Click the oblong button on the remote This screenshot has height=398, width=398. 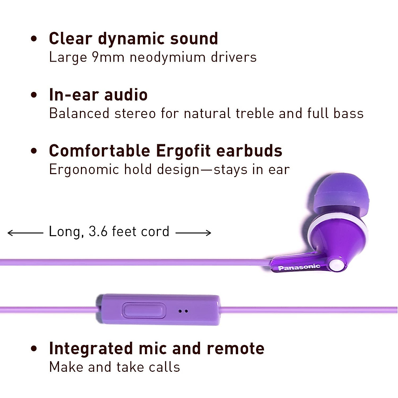click(144, 310)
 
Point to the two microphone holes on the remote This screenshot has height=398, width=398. click(183, 311)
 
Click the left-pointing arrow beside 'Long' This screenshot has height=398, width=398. click(25, 233)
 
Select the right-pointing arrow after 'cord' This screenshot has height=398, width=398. click(193, 233)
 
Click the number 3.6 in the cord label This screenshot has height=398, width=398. click(98, 232)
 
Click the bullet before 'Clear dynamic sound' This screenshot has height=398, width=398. click(34, 39)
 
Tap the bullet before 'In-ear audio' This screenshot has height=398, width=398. click(34, 95)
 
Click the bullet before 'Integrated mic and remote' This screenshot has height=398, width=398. click(34, 349)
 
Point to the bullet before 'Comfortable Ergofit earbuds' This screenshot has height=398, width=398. click(34, 151)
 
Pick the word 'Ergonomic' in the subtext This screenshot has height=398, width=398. click(84, 170)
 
